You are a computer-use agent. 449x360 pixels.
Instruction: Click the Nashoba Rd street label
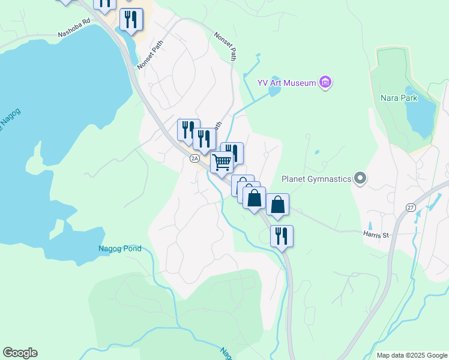pos(73,26)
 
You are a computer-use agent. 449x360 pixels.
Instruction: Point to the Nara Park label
pos(399,97)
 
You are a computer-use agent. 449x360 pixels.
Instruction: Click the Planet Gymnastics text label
pos(316,178)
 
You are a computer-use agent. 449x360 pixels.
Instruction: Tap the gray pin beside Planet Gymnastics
pos(360,178)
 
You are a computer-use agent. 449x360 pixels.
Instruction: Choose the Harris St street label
pos(376,235)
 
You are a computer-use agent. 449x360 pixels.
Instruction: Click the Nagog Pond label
pos(120,248)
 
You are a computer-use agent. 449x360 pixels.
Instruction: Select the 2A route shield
pos(194,158)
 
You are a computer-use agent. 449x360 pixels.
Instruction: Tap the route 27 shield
pos(411,208)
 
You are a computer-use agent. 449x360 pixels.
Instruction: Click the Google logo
pos(20,353)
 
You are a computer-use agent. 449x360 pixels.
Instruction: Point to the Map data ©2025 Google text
pos(411,355)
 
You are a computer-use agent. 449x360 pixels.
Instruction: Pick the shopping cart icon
pos(222,162)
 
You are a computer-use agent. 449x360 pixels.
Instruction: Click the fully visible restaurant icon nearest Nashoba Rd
pos(131,19)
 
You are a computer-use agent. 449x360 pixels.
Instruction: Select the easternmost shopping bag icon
pos(277,204)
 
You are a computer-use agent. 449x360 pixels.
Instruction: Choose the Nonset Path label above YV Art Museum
pos(224,46)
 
